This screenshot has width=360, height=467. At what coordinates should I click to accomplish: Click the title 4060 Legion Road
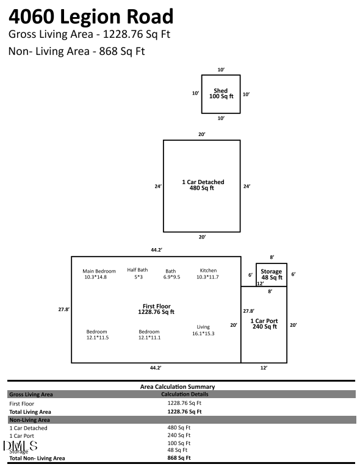pyautogui.click(x=91, y=16)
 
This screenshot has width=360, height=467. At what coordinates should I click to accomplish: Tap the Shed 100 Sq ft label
pyautogui.click(x=220, y=94)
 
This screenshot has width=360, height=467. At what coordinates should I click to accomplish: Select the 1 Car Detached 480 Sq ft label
pyautogui.click(x=203, y=185)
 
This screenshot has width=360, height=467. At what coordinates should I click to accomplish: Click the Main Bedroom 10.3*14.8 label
pyautogui.click(x=99, y=274)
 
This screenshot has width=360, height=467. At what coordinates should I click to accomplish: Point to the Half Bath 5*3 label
pyautogui.click(x=137, y=274)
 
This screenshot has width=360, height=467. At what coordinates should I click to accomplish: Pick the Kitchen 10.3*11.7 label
pyautogui.click(x=208, y=274)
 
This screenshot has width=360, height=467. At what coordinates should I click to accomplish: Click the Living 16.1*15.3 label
pyautogui.click(x=203, y=330)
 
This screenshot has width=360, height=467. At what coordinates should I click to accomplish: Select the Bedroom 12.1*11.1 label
pyautogui.click(x=149, y=335)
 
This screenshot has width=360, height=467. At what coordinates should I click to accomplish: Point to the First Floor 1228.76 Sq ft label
pyautogui.click(x=156, y=309)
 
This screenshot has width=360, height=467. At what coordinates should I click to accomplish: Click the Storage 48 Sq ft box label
pyautogui.click(x=271, y=274)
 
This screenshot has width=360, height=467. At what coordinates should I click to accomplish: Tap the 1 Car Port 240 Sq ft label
pyautogui.click(x=264, y=324)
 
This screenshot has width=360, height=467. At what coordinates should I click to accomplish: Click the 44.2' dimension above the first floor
pyautogui.click(x=156, y=250)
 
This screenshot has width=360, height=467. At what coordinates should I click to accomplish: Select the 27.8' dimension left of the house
pyautogui.click(x=63, y=310)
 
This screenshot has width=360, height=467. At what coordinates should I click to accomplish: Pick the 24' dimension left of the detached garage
pyautogui.click(x=157, y=187)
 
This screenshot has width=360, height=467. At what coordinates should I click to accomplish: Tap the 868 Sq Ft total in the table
pyautogui.click(x=179, y=458)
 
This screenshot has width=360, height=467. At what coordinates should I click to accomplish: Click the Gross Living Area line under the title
pyautogui.click(x=89, y=34)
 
